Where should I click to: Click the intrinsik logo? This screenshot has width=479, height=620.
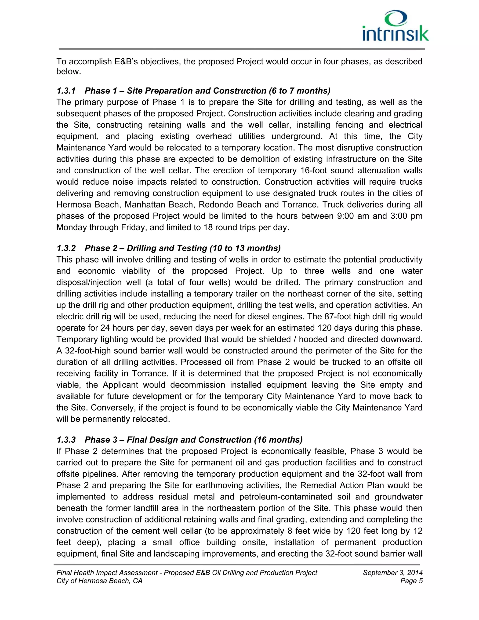coord(395,26)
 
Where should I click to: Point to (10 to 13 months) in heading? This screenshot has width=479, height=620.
coord(245,248)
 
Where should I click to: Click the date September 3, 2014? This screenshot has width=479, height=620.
coord(392,573)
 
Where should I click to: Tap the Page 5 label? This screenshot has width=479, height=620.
coord(411,581)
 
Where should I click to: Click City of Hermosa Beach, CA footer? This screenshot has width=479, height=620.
coord(99,581)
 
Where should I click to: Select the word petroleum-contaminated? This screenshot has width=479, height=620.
coord(286,497)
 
